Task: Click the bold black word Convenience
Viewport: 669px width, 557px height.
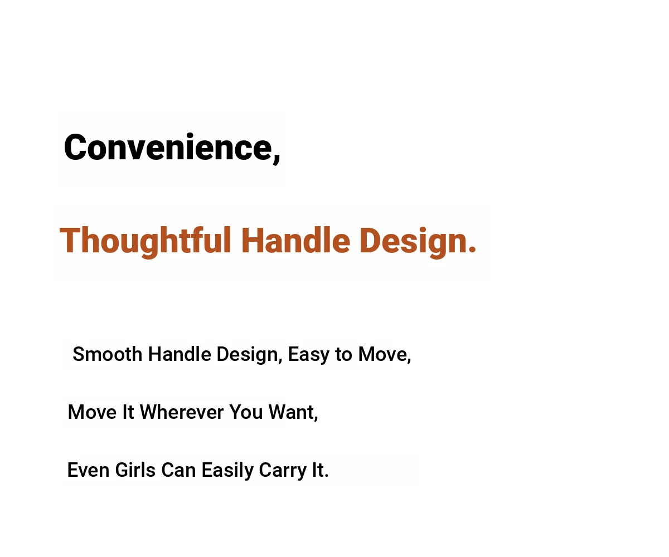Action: pos(168,147)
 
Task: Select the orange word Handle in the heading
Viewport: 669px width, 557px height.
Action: pos(295,240)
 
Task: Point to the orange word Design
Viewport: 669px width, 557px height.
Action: pos(413,242)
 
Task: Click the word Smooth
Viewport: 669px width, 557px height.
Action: pos(108,354)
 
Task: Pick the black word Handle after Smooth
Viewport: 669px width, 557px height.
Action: pos(180,354)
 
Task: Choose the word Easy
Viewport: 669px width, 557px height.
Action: pos(308,355)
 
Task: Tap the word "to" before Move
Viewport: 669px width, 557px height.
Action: pos(343,355)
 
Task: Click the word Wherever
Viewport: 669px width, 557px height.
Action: pos(182,412)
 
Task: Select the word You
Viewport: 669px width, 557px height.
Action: pos(246,412)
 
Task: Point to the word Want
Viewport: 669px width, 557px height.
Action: pos(292,412)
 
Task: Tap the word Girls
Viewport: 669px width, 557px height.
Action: pos(135,470)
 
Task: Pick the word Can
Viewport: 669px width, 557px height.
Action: pos(178,470)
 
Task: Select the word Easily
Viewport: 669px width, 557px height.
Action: pos(227,471)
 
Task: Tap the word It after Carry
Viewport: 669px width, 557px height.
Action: pos(318,470)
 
